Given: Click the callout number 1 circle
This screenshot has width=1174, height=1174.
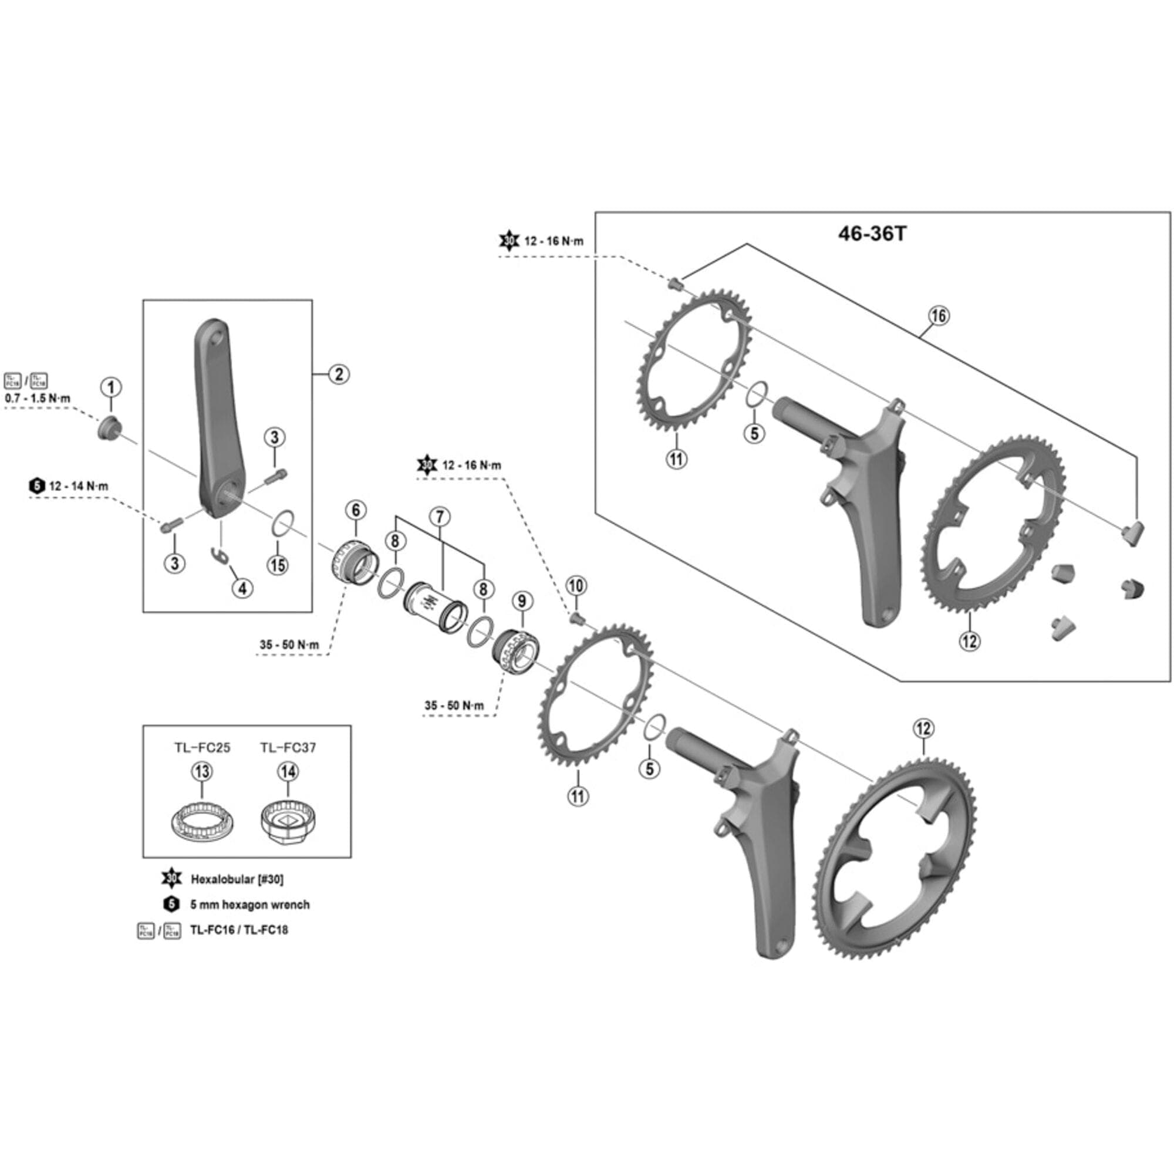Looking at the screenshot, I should [x=110, y=387].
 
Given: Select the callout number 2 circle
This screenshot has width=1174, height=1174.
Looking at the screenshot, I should [x=339, y=374].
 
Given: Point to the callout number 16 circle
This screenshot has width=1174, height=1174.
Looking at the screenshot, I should [x=938, y=315].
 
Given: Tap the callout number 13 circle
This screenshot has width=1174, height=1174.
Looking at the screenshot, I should [x=202, y=772].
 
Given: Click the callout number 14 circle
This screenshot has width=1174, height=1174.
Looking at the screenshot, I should [x=288, y=772].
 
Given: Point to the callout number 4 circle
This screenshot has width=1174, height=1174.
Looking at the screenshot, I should [x=242, y=588].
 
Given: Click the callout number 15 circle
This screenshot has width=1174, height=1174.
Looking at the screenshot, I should [x=278, y=565].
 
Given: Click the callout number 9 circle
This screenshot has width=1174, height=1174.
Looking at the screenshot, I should [x=521, y=601].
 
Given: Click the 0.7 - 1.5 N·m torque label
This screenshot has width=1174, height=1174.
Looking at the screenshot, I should [x=38, y=399].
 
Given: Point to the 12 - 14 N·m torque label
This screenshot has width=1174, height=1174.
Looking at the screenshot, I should [x=79, y=486].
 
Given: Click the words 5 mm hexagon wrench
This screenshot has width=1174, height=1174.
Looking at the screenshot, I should [x=249, y=905].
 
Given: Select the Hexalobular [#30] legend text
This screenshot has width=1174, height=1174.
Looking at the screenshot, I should [x=237, y=879].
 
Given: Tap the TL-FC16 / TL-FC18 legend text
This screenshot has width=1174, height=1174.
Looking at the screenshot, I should [x=239, y=930].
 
